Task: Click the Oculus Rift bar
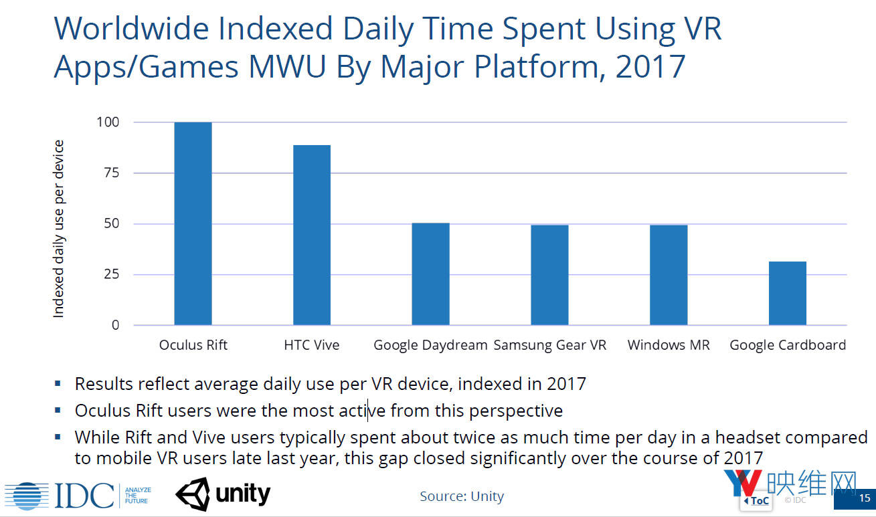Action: coord(193,223)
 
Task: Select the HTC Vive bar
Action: coord(312,235)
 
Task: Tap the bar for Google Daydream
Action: coord(430,274)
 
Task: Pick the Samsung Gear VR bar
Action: coord(549,275)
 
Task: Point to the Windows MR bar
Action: coord(669,275)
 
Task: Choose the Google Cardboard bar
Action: coord(787,293)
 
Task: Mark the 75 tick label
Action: coord(111,173)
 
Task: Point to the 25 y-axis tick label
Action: coord(111,274)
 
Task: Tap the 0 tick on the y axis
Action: coord(115,325)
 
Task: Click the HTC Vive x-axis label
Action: coord(311,345)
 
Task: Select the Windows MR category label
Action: coord(669,345)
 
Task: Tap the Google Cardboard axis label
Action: coord(788,345)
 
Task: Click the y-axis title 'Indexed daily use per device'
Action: coord(59,229)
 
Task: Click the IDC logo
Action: coord(60,496)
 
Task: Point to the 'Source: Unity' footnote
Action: coord(462,496)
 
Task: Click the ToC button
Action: coord(756,500)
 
